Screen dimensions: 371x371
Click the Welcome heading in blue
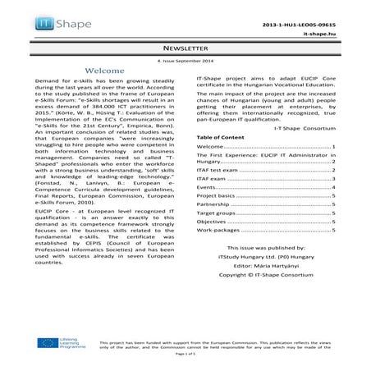(104, 72)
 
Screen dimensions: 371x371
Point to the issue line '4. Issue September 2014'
(185, 62)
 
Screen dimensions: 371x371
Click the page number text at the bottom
(185, 359)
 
